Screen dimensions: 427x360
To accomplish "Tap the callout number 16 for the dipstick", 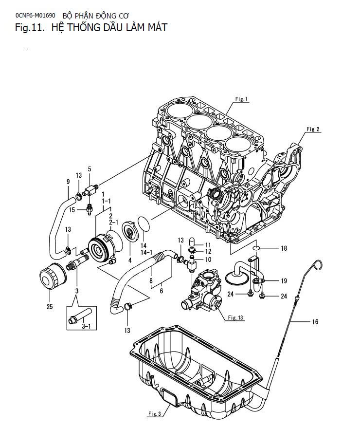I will [x=315, y=322].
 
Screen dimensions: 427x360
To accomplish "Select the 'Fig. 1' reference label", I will [x=242, y=100].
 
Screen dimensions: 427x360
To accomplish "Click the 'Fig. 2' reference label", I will [x=313, y=129].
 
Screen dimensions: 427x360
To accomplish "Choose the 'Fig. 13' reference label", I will [x=236, y=318].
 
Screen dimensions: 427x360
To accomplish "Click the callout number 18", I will [x=284, y=248].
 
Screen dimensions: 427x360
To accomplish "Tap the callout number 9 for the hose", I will [x=68, y=182].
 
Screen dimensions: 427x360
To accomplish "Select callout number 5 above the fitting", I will [x=90, y=169].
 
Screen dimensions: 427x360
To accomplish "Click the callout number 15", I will [x=72, y=210].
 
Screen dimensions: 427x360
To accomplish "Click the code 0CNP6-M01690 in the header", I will [x=36, y=15].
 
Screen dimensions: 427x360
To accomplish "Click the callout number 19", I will [x=283, y=281].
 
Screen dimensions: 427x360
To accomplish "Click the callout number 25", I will [x=49, y=307].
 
